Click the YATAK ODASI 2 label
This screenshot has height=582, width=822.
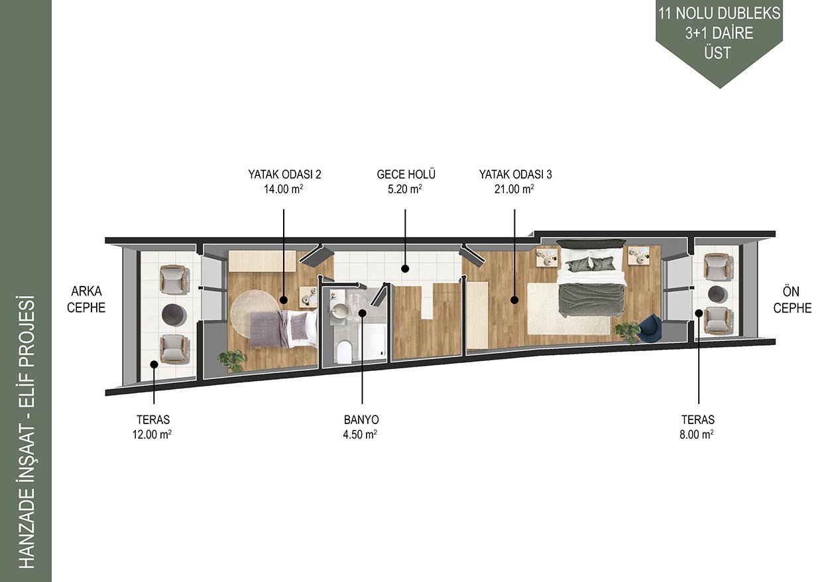[284, 174]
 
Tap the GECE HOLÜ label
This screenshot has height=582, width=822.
[406, 174]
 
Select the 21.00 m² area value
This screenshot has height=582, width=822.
[514, 189]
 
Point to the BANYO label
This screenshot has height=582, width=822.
[361, 419]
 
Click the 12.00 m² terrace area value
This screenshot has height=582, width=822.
[152, 435]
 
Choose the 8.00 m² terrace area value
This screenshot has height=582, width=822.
[697, 435]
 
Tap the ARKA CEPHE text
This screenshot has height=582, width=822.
[86, 299]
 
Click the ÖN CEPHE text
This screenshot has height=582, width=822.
[792, 300]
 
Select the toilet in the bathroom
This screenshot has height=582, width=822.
[344, 351]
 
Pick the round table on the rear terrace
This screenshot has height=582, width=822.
[174, 315]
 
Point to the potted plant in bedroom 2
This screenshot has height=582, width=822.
[231, 360]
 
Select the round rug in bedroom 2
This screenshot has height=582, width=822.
[256, 313]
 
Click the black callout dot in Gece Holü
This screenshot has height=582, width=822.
[405, 269]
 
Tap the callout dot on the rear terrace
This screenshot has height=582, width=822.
[154, 364]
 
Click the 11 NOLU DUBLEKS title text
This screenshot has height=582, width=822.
[719, 13]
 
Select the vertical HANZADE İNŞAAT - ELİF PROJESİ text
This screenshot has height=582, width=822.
[27, 433]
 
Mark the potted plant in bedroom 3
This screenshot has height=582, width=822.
[627, 332]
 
